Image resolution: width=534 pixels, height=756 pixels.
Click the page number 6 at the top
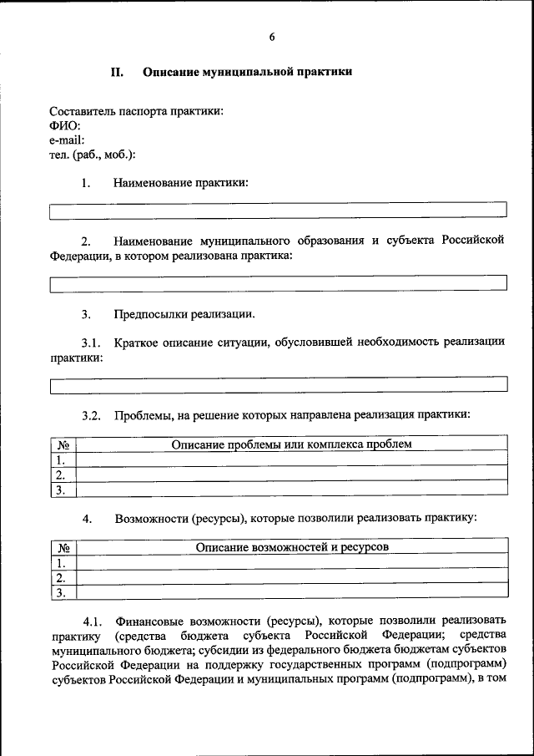(272, 37)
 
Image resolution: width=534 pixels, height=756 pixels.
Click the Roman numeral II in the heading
(118, 73)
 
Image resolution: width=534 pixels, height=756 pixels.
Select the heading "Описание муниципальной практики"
(247, 73)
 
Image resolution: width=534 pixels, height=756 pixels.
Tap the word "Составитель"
(83, 111)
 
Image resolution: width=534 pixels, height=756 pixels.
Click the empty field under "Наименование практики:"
(278, 211)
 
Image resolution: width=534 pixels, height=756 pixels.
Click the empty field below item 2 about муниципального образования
(278, 284)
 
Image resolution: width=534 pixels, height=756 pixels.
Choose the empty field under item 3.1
(278, 385)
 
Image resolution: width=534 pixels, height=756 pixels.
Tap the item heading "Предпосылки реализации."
(184, 315)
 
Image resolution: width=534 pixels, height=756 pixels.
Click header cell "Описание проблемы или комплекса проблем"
(291, 444)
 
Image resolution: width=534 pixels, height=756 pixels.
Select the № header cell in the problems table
(63, 444)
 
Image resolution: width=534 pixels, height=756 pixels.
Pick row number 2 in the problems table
(61, 474)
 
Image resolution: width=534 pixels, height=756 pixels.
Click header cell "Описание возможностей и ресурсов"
(291, 547)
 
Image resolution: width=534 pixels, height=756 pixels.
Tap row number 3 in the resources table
(61, 592)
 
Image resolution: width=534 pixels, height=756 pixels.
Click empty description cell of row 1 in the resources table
(291, 562)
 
